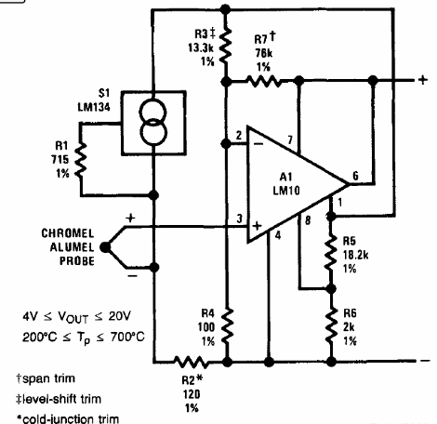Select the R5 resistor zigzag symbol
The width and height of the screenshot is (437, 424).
click(331, 248)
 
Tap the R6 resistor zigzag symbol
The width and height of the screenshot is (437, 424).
click(331, 321)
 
